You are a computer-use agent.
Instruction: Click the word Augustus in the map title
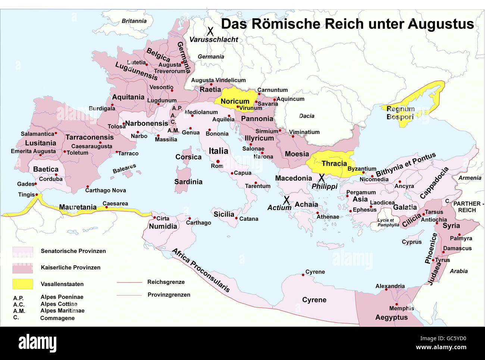[x=441, y=24]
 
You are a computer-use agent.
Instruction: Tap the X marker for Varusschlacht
[x=210, y=31]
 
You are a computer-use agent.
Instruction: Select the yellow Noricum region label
[x=235, y=101]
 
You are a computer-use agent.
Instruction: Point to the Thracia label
[x=334, y=163]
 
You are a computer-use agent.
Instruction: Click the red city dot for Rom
[x=218, y=161]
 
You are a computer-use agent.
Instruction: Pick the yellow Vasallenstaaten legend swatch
[x=23, y=284]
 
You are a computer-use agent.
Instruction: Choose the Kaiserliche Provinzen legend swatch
[x=23, y=267]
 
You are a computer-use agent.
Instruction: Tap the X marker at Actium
[x=287, y=200]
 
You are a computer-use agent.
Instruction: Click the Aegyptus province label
[x=391, y=317]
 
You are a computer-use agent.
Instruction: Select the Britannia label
[x=134, y=21]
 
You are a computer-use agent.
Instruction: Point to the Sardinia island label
[x=188, y=182]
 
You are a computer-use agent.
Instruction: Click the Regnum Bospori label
[x=400, y=113]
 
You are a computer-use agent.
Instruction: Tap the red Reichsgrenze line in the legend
[x=129, y=282]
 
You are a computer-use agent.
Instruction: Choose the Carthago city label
[x=198, y=223]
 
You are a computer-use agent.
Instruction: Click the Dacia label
[x=307, y=116]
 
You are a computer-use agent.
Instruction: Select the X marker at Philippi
[x=321, y=178]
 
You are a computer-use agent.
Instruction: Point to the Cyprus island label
[x=412, y=242]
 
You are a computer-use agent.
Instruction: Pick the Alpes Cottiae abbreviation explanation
[x=59, y=304]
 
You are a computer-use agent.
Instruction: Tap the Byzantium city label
[x=362, y=169]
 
